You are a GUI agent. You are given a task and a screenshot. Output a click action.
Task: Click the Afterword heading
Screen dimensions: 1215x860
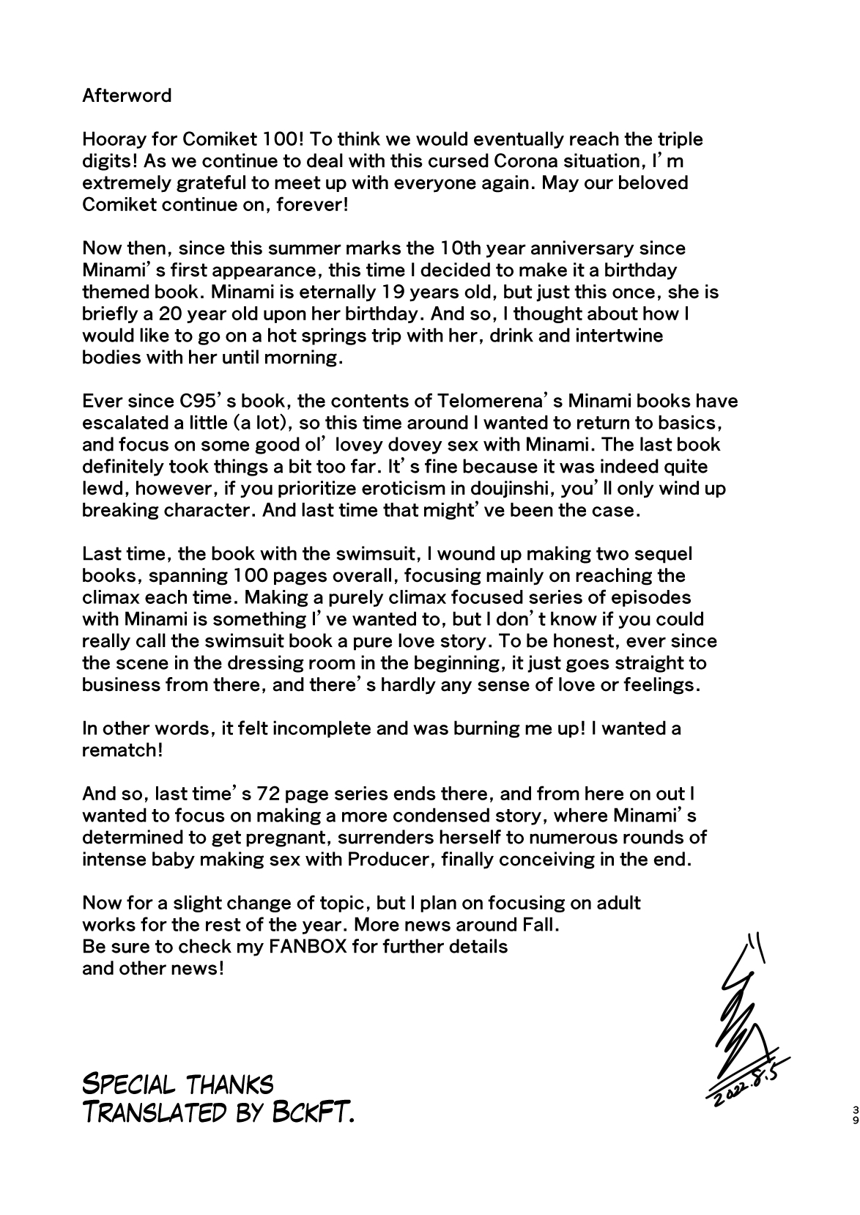click(x=127, y=95)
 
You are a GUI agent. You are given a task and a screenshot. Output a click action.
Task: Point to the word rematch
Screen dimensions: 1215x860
click(x=118, y=750)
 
